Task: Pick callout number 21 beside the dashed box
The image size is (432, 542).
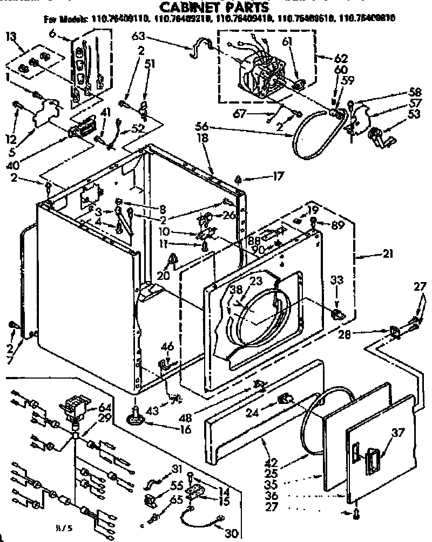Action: pos(388,255)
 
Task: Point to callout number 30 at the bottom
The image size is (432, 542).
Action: pos(231,533)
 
